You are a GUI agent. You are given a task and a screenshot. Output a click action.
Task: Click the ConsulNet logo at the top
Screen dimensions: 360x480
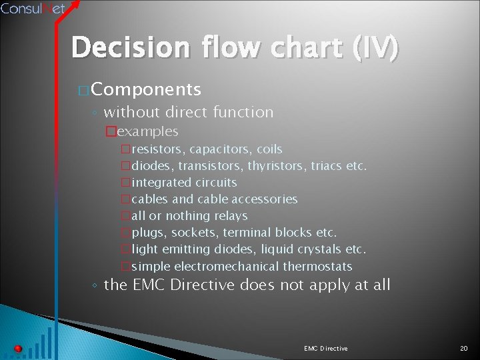(33, 9)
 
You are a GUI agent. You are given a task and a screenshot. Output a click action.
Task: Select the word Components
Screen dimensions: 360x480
(146, 89)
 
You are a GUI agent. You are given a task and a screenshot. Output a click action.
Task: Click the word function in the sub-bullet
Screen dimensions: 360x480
(241, 112)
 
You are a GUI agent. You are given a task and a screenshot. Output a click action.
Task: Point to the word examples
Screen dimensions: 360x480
(147, 131)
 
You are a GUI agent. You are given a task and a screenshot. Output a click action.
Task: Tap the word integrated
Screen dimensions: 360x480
(162, 182)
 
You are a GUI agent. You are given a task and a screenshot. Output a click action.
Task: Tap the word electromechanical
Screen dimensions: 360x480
(227, 266)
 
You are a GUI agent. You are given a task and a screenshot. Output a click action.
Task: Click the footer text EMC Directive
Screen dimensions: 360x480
(325, 348)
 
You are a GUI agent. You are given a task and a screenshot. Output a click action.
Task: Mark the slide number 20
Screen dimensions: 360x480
(464, 348)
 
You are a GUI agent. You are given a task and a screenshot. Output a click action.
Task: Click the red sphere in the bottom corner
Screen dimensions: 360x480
(18, 348)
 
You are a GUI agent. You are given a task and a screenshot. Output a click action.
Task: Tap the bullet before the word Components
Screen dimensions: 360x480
(83, 90)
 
